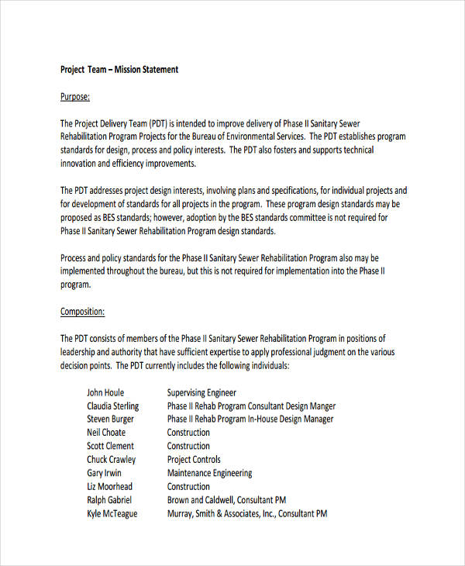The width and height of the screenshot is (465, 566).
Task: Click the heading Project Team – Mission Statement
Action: point(119,70)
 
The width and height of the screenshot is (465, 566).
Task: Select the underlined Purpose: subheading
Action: point(75,97)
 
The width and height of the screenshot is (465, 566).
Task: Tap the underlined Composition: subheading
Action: point(82,312)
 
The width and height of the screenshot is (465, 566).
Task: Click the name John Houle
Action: point(105,392)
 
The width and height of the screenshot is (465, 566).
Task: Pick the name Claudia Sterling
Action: point(113,406)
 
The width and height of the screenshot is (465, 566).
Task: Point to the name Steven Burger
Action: point(110,419)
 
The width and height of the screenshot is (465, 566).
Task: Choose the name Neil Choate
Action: point(106,433)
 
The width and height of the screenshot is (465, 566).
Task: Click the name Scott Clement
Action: point(110,446)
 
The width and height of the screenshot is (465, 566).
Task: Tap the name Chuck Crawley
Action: point(111,460)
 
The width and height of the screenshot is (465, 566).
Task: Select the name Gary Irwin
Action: point(105,473)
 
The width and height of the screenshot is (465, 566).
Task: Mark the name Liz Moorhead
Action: point(110,486)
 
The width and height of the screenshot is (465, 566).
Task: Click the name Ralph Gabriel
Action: point(109,500)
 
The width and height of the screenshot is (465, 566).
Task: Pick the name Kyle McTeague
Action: point(112,513)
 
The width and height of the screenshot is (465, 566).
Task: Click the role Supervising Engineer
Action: point(201,392)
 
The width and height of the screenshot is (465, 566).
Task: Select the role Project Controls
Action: point(194,460)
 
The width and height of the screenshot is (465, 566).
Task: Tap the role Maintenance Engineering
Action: point(209,473)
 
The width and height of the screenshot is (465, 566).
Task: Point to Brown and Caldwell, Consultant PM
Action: point(227,500)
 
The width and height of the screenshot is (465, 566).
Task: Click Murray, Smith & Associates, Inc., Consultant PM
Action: point(247,513)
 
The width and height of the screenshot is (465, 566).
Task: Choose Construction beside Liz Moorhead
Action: point(188,486)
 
